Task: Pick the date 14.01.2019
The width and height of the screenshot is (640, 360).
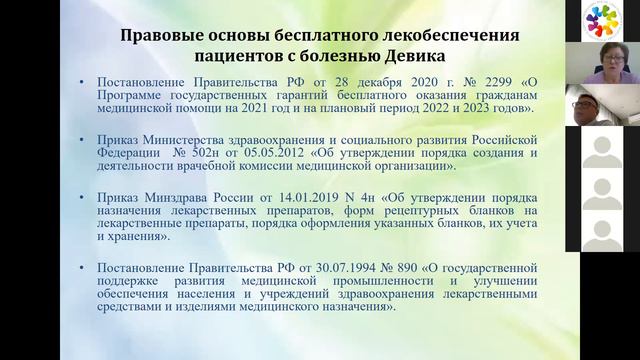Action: (288, 197)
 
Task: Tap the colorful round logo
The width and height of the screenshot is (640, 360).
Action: (602, 20)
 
